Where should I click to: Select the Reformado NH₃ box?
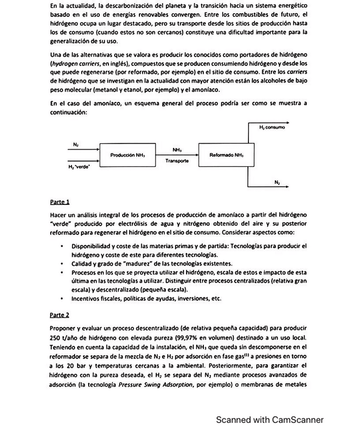(224, 155)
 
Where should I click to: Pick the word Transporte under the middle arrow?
(176, 160)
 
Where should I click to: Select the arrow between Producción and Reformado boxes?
(176, 154)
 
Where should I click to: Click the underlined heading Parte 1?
(60, 202)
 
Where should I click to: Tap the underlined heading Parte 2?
(60, 314)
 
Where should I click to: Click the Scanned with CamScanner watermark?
(270, 419)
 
